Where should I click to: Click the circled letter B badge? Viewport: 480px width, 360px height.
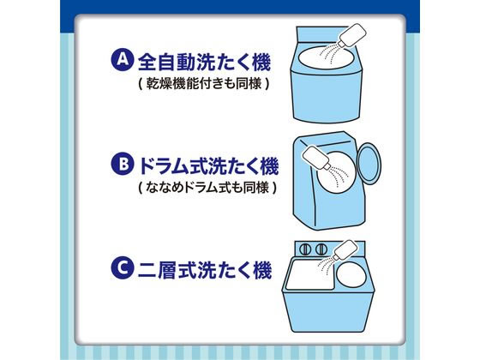pyautogui.click(x=123, y=164)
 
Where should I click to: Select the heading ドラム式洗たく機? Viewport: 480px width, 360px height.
pyautogui.click(x=205, y=164)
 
